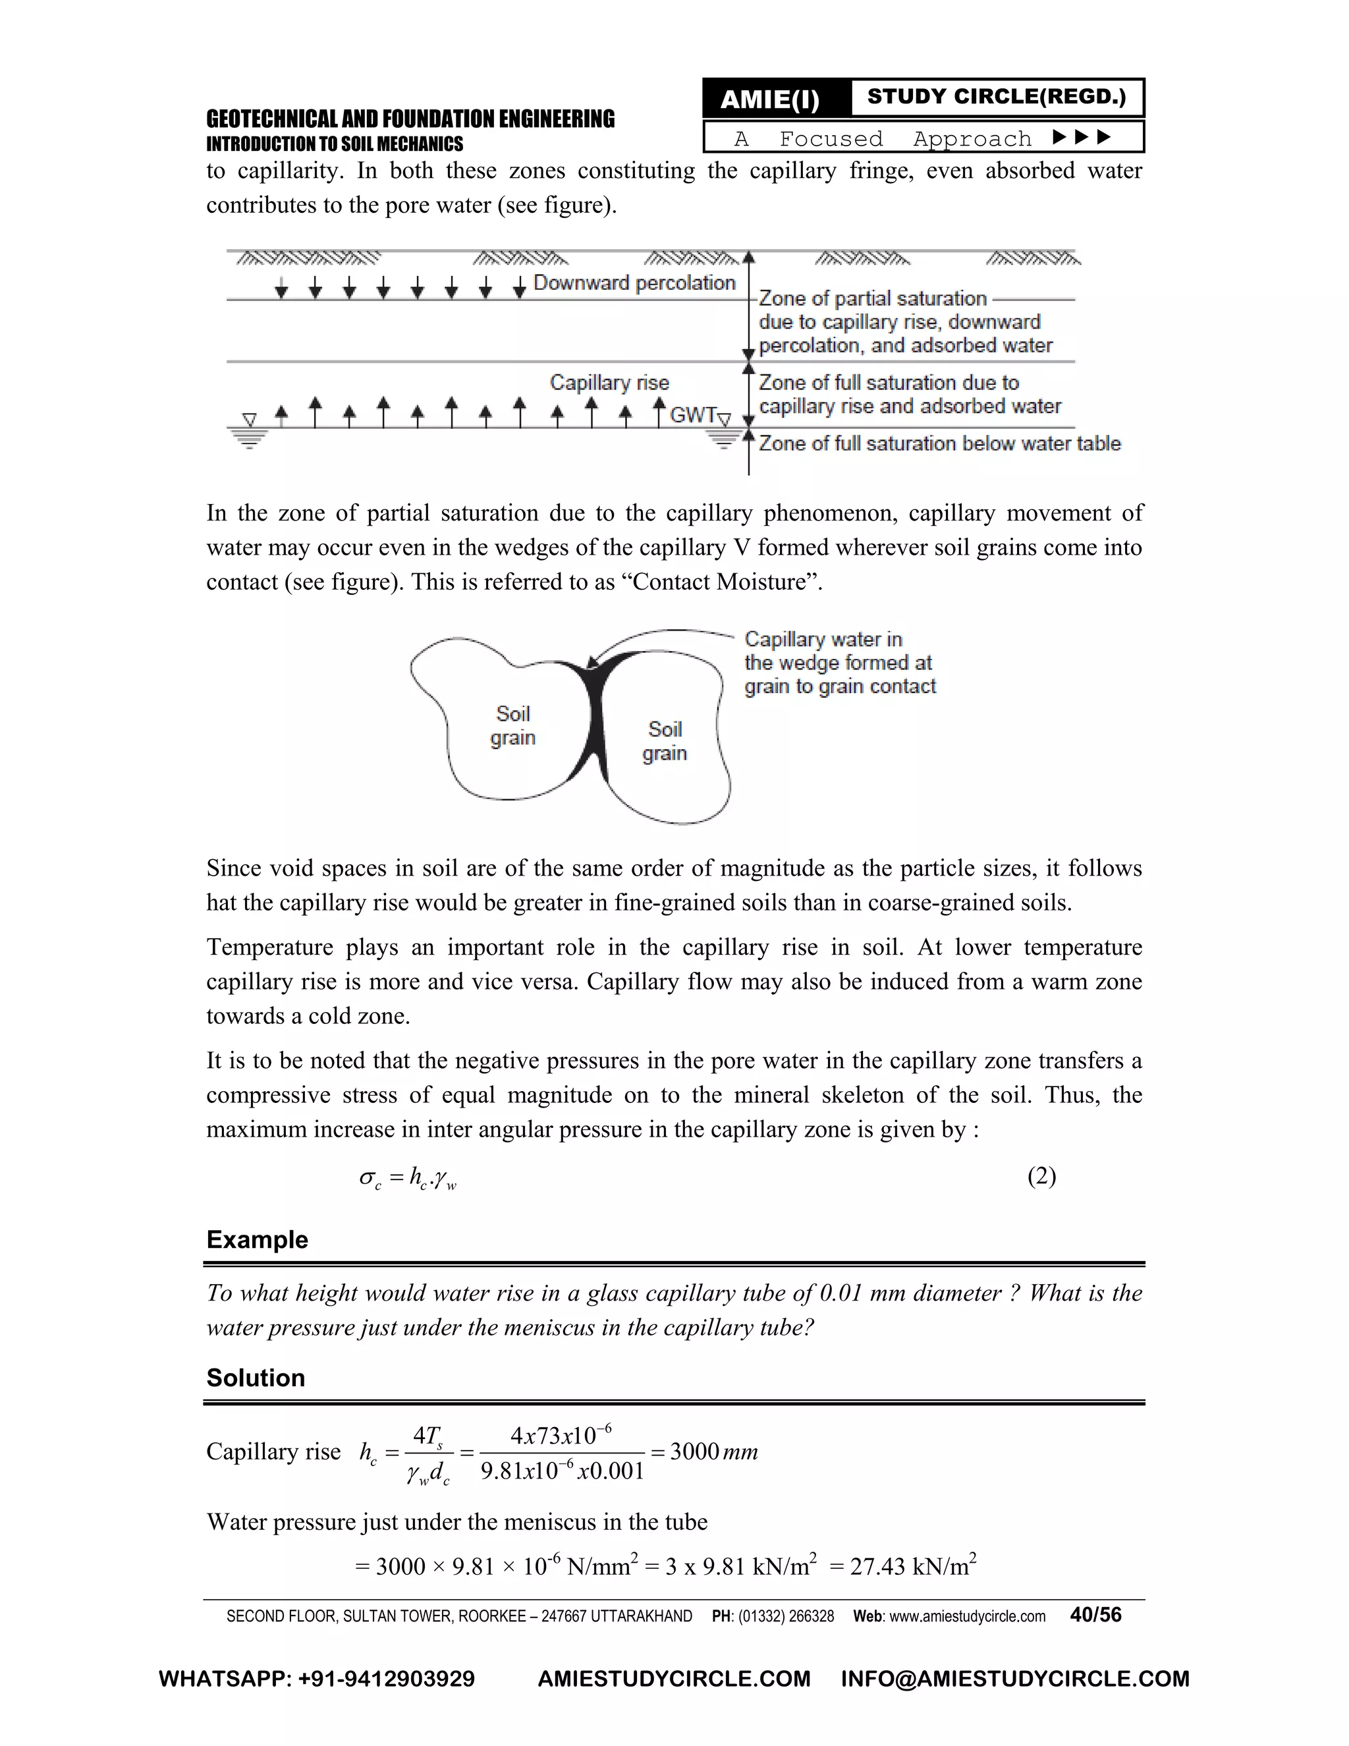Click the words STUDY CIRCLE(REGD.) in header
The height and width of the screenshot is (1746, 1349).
coord(996,97)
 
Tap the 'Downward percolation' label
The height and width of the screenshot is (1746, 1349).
coord(634,283)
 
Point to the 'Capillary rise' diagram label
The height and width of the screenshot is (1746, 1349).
coord(609,382)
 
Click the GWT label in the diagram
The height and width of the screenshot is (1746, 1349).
coord(692,415)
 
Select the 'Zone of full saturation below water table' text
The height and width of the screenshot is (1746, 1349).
coord(939,443)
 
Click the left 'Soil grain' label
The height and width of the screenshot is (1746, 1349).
coord(512,725)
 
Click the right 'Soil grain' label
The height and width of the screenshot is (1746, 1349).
coord(665,741)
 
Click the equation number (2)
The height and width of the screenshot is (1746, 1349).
coord(1041,1176)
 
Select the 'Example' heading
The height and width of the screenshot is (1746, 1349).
coord(258,1239)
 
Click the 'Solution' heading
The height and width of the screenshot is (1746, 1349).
coord(256,1378)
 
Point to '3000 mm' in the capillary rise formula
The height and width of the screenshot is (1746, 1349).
coord(713,1451)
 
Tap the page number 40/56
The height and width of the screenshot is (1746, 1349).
coord(1095,1615)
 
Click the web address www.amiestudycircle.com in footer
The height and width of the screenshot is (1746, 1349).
coord(967,1616)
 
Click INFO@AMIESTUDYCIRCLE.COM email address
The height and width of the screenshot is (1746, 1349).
coord(1015,1679)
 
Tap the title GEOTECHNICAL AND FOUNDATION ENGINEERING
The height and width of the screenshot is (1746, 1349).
coord(410,119)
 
